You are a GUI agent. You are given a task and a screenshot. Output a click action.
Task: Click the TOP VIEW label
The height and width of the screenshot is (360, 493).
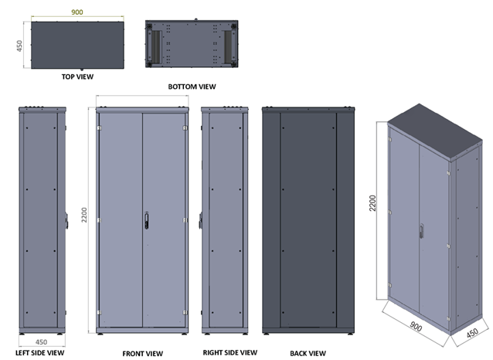(x=77, y=77)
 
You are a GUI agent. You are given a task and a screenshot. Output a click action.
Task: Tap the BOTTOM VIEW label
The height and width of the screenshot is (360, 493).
(x=192, y=87)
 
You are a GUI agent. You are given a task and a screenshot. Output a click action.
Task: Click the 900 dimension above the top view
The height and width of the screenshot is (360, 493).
(x=77, y=13)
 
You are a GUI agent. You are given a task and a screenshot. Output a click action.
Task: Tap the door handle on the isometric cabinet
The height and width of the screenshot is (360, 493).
(x=421, y=231)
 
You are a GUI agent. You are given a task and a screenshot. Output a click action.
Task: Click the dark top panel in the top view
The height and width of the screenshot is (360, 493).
(x=77, y=46)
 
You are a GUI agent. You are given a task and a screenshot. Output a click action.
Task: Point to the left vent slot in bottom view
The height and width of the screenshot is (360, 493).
(x=158, y=46)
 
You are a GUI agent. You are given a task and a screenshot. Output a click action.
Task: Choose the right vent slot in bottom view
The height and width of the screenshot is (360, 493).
(x=226, y=46)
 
